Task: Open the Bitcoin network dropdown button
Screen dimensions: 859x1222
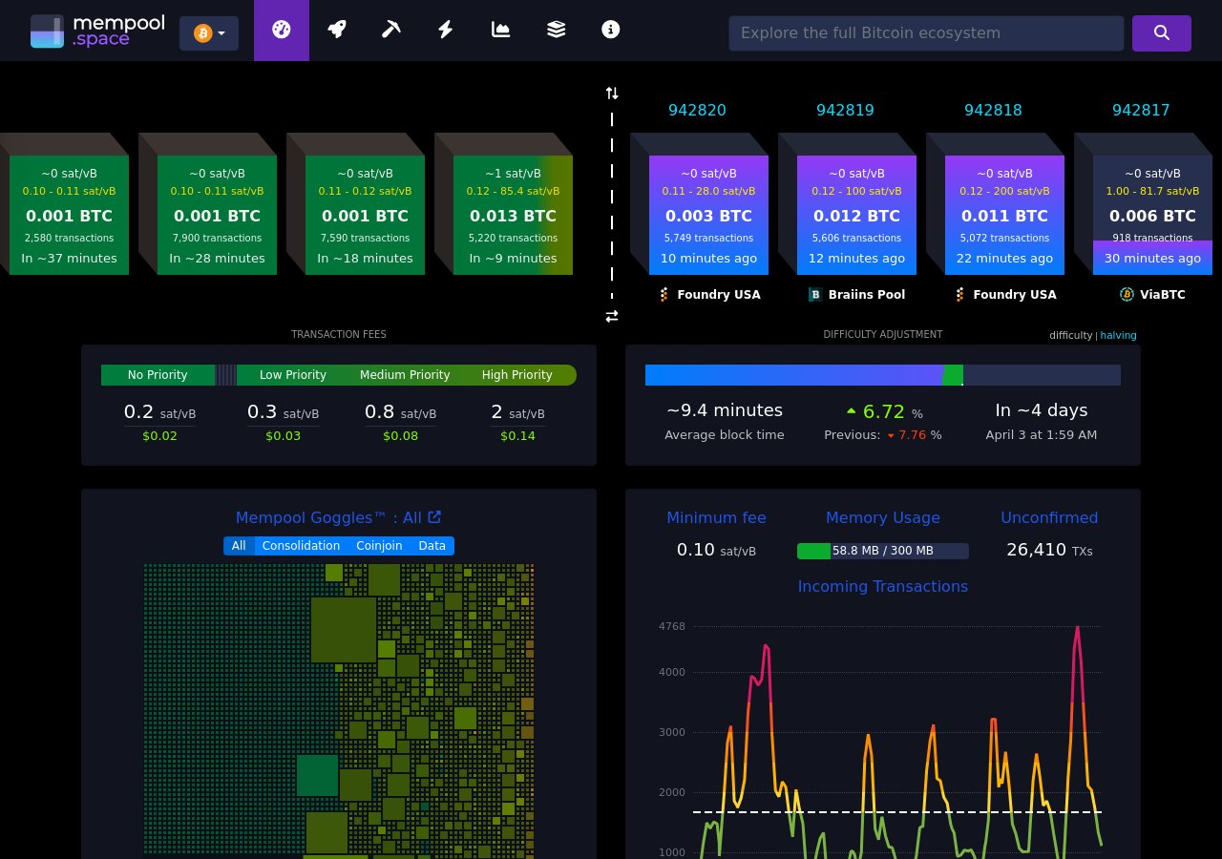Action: [x=209, y=33]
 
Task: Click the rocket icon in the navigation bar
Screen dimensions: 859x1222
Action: [x=336, y=30]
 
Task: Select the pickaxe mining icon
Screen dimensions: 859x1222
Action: [x=390, y=30]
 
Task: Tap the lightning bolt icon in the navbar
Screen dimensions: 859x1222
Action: [x=445, y=30]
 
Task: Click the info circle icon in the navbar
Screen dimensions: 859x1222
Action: [x=611, y=30]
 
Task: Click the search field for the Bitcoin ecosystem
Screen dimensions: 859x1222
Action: [x=925, y=33]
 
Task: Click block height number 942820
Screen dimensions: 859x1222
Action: [x=697, y=110]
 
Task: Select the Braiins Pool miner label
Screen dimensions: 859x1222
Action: [x=856, y=295]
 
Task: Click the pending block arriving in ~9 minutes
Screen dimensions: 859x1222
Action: [x=513, y=215]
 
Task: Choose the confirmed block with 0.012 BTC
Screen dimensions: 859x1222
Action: [x=856, y=215]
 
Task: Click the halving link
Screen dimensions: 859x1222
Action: [x=1118, y=335]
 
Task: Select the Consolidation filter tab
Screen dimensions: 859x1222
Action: [x=301, y=546]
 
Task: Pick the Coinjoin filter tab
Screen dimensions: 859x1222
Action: [x=379, y=546]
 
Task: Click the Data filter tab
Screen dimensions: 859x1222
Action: [x=432, y=546]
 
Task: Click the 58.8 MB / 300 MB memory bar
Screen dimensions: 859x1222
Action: [x=882, y=551]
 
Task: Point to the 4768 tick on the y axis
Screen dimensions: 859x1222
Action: [x=672, y=627]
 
